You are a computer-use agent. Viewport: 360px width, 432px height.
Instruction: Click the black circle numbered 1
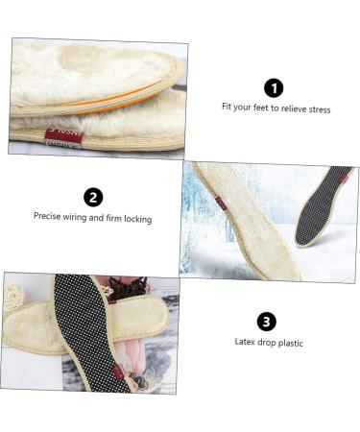(274, 88)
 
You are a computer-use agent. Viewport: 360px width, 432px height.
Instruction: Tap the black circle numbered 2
(93, 198)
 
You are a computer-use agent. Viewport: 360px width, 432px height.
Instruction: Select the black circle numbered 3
(267, 322)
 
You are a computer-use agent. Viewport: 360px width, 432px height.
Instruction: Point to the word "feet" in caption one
(257, 109)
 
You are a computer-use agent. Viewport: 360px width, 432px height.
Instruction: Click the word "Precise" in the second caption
(48, 218)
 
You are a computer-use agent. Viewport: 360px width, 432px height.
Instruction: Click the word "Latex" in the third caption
(246, 342)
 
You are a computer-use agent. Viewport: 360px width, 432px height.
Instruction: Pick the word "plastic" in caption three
(289, 342)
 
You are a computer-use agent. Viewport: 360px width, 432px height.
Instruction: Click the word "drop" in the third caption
(266, 342)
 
